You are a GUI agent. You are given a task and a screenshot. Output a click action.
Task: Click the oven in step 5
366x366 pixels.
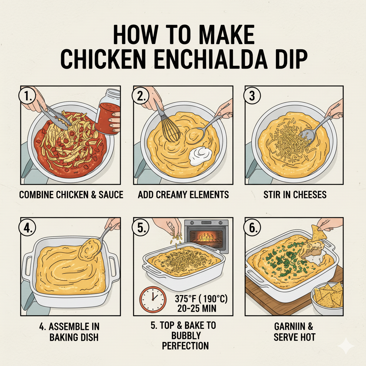(x=206, y=236)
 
